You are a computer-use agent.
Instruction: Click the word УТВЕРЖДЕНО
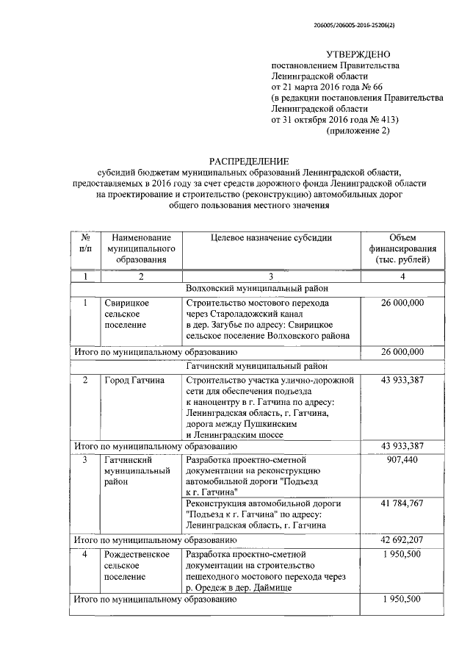(358, 54)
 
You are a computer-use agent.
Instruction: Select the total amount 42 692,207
(402, 539)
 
